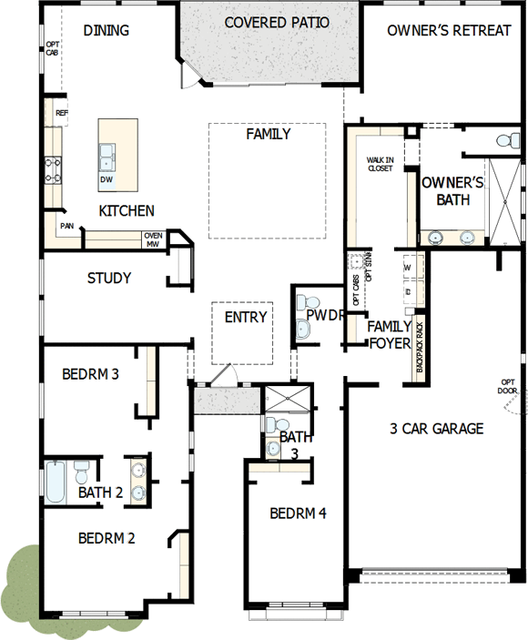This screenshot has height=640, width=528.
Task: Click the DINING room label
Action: coord(107,30)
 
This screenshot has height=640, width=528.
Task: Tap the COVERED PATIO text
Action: coord(277,23)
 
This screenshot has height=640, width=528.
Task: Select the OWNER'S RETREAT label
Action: coord(449,30)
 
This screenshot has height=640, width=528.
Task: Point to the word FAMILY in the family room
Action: coord(269,134)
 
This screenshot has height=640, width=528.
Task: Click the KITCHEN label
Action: coord(127,210)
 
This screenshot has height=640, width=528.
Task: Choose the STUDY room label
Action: coord(109,278)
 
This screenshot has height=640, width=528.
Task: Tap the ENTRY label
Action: coord(245,317)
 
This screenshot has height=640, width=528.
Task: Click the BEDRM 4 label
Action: coord(298,513)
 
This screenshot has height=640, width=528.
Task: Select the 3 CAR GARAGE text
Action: coord(436,429)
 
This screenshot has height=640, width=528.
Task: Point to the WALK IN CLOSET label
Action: coord(381,165)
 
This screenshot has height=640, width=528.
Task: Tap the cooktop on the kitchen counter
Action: coord(54,168)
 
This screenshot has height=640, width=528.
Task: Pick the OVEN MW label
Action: coord(153,239)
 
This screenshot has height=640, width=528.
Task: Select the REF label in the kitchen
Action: coord(62,113)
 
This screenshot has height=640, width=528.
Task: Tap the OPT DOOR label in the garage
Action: coord(508,386)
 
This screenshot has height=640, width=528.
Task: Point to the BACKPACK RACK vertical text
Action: coord(420,346)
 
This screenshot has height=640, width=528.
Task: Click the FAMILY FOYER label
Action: coord(387,334)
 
